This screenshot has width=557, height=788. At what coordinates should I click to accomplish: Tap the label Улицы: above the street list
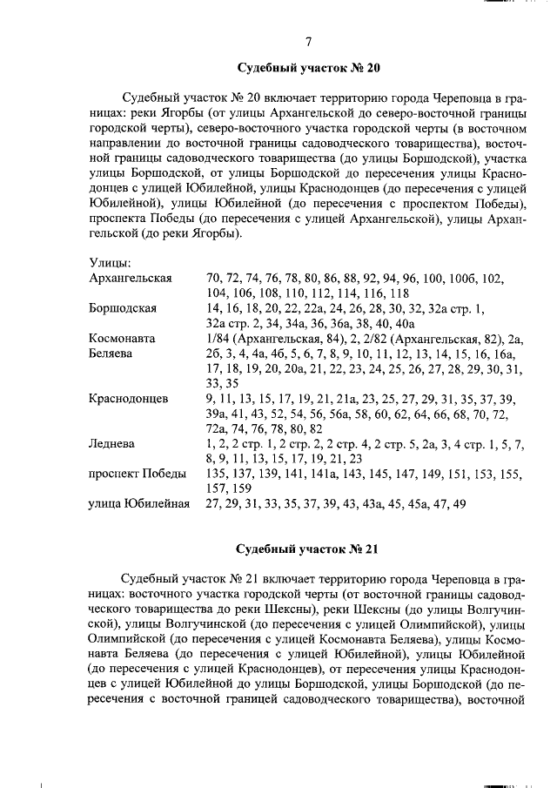(111, 262)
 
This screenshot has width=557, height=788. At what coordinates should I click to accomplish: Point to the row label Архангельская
(131, 278)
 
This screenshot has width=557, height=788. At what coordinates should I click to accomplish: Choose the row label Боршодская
(123, 308)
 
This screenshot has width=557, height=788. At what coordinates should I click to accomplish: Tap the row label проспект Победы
(138, 474)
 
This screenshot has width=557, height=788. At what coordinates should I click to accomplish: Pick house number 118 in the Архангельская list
(399, 293)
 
